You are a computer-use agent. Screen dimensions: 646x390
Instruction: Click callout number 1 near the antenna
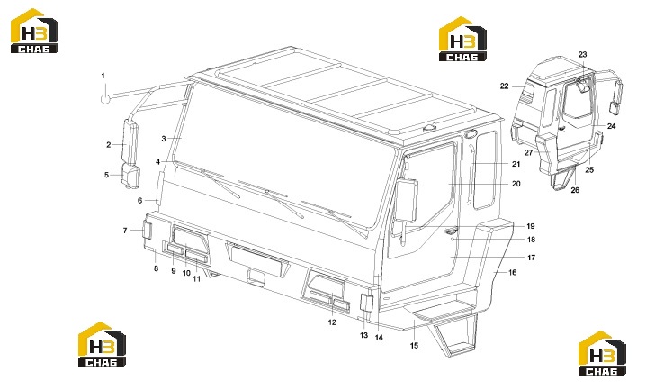pyautogui.click(x=103, y=76)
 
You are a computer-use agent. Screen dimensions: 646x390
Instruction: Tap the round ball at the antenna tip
pyautogui.click(x=106, y=99)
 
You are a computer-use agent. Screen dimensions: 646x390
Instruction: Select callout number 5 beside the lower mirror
pyautogui.click(x=107, y=175)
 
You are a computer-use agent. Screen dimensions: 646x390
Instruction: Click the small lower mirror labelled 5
pyautogui.click(x=131, y=177)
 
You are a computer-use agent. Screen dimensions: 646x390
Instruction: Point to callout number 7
pyautogui.click(x=125, y=231)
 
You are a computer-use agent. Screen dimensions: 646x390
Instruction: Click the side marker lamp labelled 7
pyautogui.click(x=147, y=230)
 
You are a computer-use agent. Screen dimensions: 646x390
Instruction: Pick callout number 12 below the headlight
pyautogui.click(x=333, y=322)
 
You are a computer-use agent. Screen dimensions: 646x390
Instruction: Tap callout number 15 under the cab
pyautogui.click(x=414, y=346)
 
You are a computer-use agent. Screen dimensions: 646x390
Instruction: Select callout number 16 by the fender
pyautogui.click(x=512, y=273)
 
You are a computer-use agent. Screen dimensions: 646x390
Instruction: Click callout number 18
pyautogui.click(x=531, y=240)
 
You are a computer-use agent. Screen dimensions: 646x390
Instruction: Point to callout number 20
pyautogui.click(x=516, y=184)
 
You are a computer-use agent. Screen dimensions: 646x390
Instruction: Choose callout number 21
pyautogui.click(x=516, y=164)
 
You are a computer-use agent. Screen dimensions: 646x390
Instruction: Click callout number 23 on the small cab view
pyautogui.click(x=582, y=54)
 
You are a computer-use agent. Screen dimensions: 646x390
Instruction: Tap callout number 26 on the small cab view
pyautogui.click(x=575, y=190)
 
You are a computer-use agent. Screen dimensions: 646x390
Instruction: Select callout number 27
pyautogui.click(x=528, y=153)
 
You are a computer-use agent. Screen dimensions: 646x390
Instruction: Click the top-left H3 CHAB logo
pyautogui.click(x=34, y=32)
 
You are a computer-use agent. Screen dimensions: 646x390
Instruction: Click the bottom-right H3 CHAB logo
pyautogui.click(x=602, y=353)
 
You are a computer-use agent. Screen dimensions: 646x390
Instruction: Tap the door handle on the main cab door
pyautogui.click(x=452, y=231)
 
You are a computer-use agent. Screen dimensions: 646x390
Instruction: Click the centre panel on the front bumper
pyautogui.click(x=257, y=260)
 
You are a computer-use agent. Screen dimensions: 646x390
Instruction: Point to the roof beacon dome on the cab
pyautogui.click(x=431, y=129)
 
